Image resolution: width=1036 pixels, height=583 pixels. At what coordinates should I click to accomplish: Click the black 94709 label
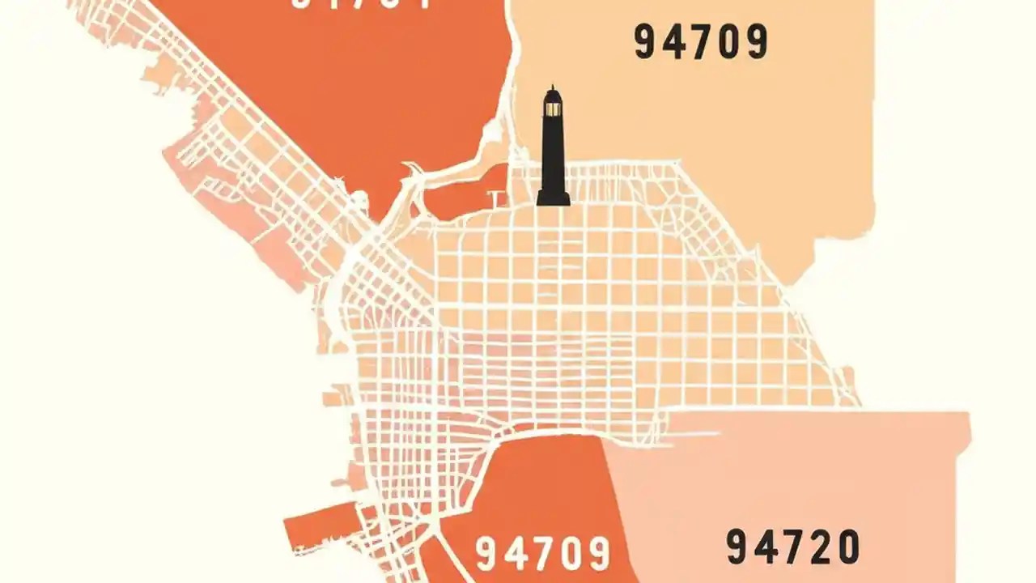click(x=701, y=43)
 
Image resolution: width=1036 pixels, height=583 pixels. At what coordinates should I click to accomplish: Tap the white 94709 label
click(x=542, y=554)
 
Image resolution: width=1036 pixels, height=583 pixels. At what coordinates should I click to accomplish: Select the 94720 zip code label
click(x=792, y=547)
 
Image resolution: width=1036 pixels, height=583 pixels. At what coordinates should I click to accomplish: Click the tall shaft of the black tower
click(x=553, y=154)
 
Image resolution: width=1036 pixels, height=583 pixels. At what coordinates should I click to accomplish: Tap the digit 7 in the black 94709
click(x=701, y=43)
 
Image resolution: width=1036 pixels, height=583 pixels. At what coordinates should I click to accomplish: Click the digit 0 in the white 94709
click(x=570, y=554)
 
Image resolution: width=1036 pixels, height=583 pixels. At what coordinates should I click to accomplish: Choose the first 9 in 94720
click(x=738, y=547)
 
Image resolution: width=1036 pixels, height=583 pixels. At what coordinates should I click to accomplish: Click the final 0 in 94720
click(x=847, y=547)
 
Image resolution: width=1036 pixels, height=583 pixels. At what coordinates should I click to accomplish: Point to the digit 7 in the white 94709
click(x=542, y=554)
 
